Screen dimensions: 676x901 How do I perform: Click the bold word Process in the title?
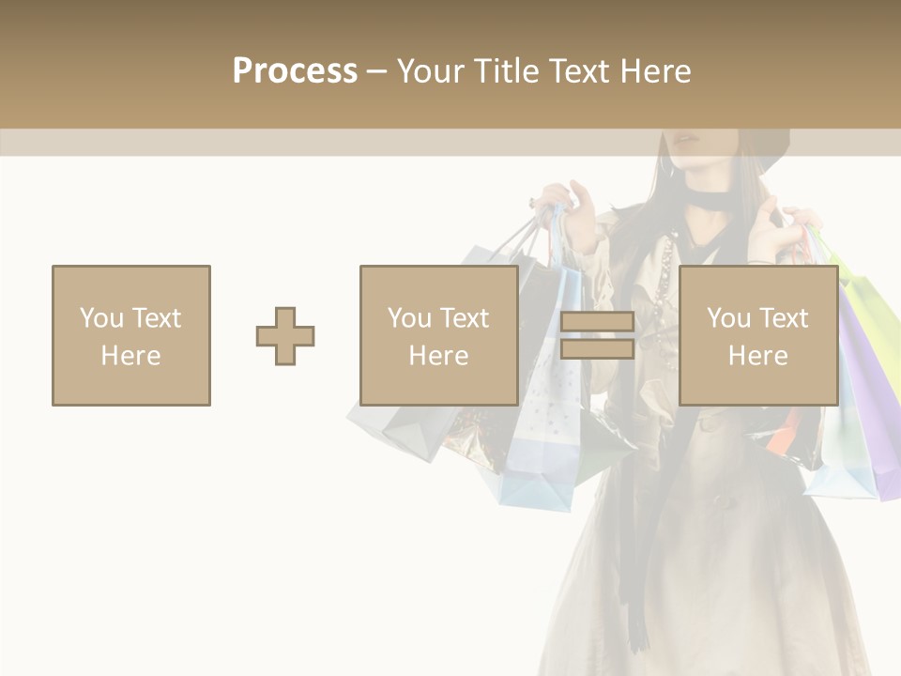[295, 71]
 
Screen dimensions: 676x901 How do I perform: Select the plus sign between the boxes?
[285, 336]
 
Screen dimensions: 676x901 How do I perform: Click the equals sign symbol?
[597, 336]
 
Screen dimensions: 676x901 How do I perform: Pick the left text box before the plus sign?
[130, 335]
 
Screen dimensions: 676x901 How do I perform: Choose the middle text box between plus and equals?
[438, 335]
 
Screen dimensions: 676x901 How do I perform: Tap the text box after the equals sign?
[757, 335]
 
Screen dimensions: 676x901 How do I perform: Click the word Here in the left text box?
[130, 356]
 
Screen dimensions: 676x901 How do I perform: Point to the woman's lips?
[688, 141]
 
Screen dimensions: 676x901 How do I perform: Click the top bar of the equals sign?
[597, 322]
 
